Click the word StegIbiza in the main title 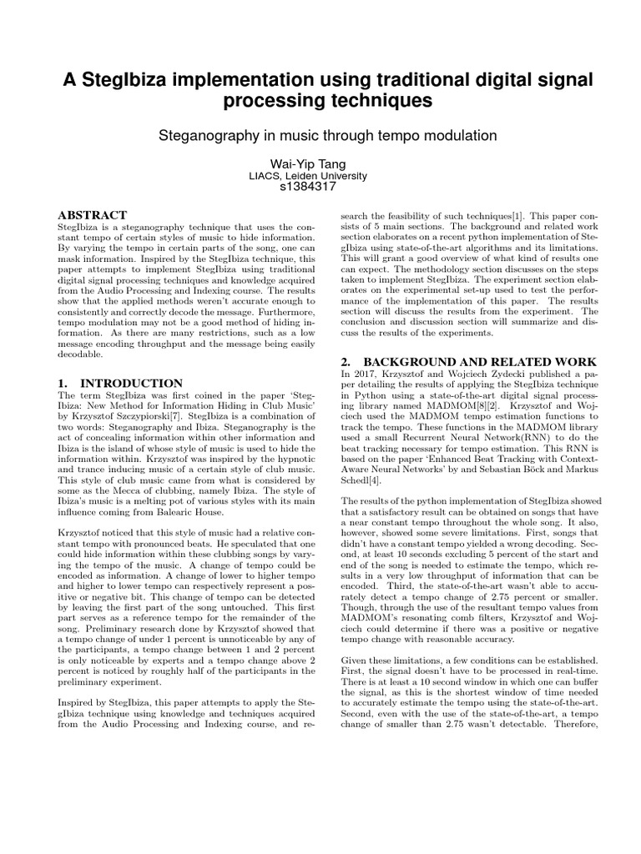tap(127, 79)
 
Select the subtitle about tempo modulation tap(320, 134)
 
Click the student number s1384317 tap(320, 188)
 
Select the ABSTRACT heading tap(92, 215)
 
